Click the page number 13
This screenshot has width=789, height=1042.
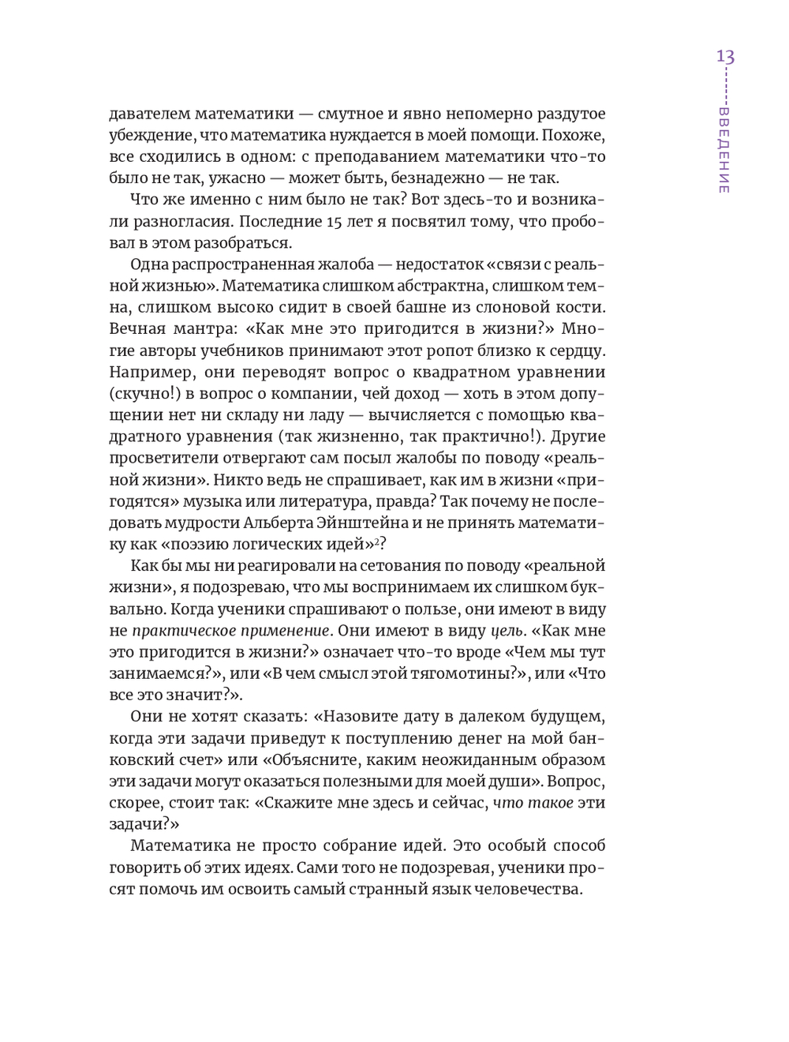(x=725, y=57)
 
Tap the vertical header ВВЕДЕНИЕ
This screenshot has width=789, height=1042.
(x=724, y=151)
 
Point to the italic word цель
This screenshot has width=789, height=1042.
(x=507, y=630)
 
